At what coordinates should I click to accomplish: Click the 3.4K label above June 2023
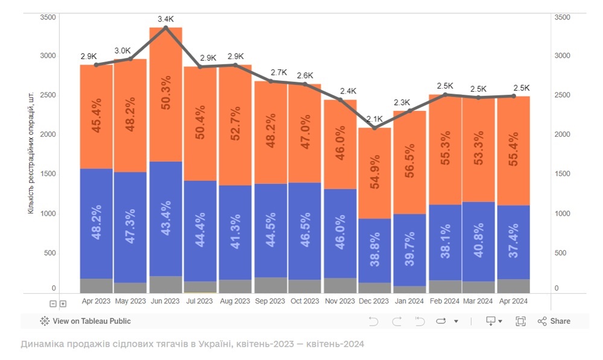(166, 19)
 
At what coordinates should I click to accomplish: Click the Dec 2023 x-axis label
(373, 301)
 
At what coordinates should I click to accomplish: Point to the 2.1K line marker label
(374, 119)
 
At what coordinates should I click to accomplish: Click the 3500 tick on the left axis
(48, 17)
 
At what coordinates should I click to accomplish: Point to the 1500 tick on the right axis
(561, 174)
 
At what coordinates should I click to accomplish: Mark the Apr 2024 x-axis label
(513, 301)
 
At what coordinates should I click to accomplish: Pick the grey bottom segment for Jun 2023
(166, 284)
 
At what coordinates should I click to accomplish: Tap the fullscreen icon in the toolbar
(520, 321)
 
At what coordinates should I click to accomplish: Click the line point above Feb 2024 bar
(446, 95)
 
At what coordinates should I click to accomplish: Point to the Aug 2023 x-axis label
(235, 301)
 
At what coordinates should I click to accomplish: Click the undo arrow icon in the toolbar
(373, 321)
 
